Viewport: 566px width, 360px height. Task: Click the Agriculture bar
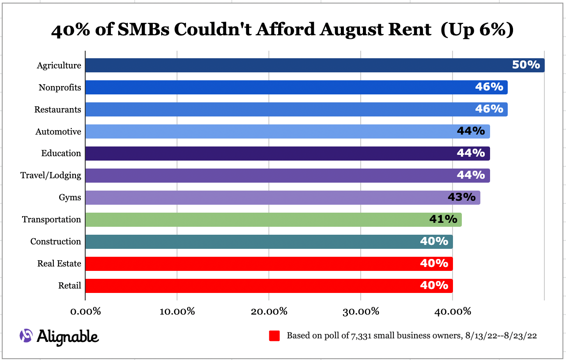coord(291,65)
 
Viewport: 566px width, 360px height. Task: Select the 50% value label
coord(526,65)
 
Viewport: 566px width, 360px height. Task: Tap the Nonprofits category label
coord(60,87)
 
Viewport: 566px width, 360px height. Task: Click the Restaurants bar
coord(274,109)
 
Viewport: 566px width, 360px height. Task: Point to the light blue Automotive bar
coord(265,131)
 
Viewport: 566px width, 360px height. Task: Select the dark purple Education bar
coord(265,154)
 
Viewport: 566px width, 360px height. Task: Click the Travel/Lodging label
coord(51,176)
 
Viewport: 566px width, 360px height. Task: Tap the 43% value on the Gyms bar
coord(461,197)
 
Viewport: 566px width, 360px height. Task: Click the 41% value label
coord(443,219)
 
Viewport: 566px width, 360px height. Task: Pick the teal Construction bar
coord(247,242)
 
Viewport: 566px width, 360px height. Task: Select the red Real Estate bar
coord(247,264)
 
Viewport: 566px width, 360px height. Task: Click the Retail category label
coord(70,286)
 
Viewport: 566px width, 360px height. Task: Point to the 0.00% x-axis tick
coord(86,311)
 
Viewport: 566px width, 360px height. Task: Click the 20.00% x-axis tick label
coord(269,311)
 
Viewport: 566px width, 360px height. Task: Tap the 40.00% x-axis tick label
coord(453,311)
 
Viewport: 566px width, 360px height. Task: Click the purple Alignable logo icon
coord(26,336)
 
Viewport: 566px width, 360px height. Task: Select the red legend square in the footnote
coord(274,336)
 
